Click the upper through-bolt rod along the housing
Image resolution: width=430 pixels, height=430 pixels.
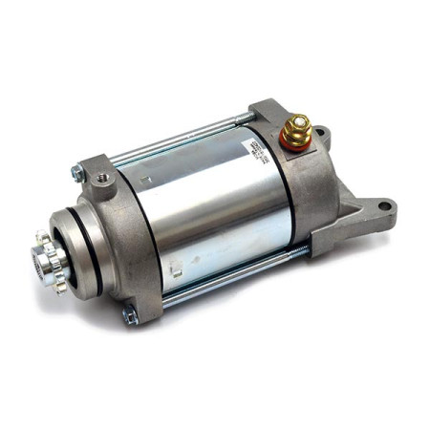(x=182, y=143)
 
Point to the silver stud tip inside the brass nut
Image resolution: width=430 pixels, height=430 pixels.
(x=297, y=120)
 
